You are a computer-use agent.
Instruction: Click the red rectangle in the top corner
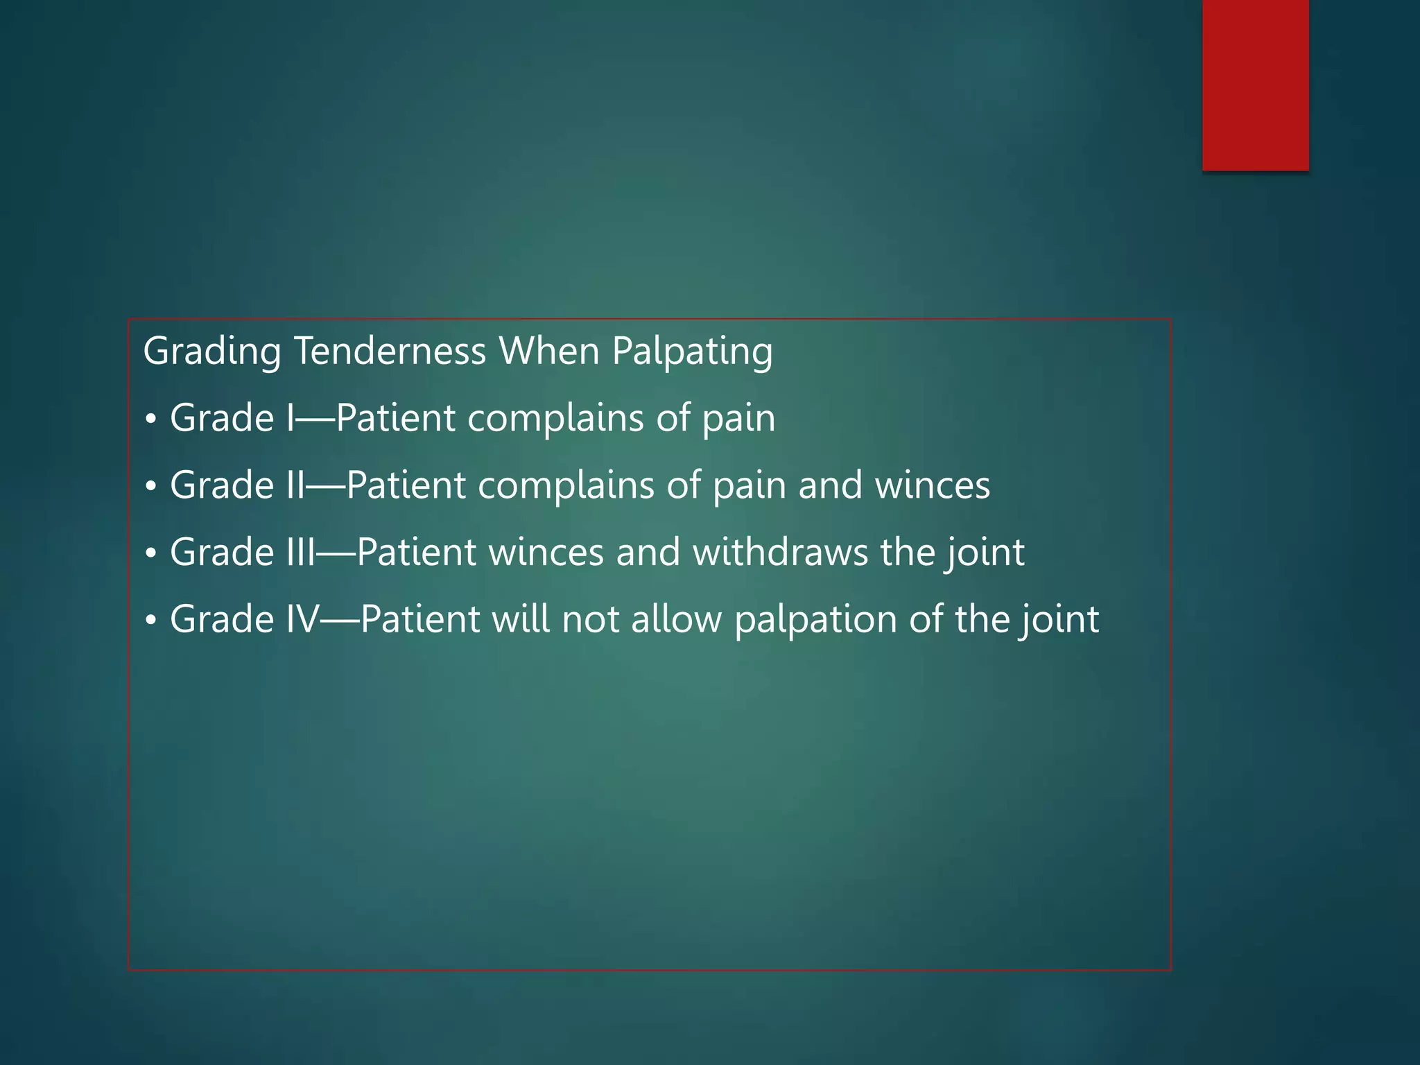point(1255,85)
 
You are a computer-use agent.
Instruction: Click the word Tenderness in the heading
point(390,351)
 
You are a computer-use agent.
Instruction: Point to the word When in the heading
point(549,351)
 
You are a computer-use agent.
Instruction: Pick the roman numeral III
point(301,552)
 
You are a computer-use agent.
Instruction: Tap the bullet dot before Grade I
point(151,419)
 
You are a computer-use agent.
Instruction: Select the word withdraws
point(780,552)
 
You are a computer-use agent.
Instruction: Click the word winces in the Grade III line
point(546,553)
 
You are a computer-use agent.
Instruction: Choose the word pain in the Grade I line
point(738,419)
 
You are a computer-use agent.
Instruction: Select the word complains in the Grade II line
point(566,486)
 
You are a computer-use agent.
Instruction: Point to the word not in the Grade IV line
point(590,619)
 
